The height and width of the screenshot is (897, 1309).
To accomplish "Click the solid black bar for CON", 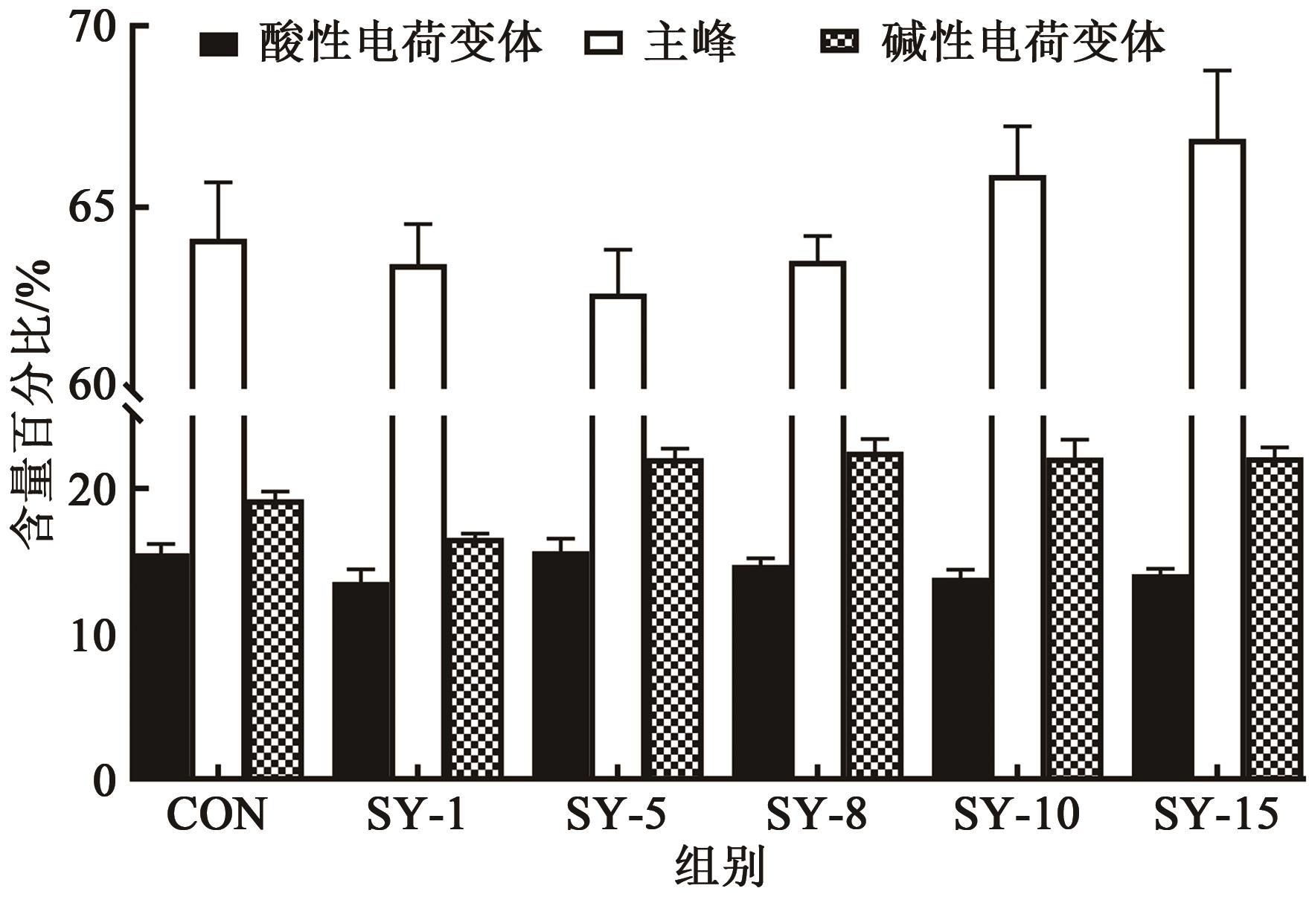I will coord(161,666).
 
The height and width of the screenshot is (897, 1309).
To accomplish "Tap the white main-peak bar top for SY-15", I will coord(1217,141).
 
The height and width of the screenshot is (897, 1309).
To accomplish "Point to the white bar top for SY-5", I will coord(618,296).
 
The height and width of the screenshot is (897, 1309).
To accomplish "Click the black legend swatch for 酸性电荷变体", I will coord(219,44).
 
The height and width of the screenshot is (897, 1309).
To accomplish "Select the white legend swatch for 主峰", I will coord(604,44).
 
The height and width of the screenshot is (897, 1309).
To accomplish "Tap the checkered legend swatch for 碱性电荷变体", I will coord(839,42).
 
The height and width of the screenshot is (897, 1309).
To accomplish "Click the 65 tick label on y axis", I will coord(94,208).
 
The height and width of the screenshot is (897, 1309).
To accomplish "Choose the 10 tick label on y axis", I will coord(94,636).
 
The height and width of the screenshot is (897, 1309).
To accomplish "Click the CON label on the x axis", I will coord(217,815).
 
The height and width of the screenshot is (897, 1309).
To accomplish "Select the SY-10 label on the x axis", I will coord(1017,815).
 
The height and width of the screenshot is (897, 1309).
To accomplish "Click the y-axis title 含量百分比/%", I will coord(31,406).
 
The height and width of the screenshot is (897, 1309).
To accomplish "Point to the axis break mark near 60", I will coord(135,402).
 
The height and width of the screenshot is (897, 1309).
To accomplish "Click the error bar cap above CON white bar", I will coord(219,182).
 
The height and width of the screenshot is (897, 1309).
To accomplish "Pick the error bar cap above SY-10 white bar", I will coord(1017,127).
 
